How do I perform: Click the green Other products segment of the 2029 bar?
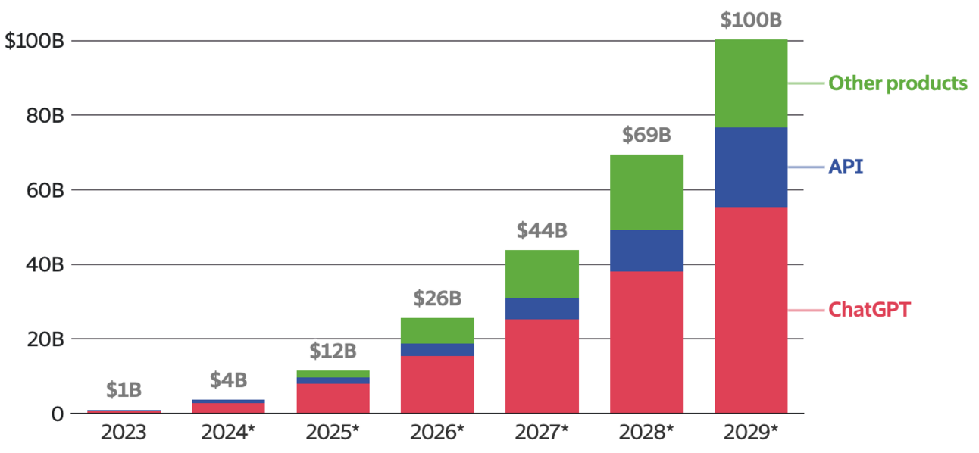(751, 83)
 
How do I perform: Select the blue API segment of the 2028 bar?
(646, 251)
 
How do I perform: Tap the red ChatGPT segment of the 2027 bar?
(542, 366)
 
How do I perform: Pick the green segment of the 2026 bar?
(437, 331)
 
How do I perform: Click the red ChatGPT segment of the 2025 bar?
(333, 398)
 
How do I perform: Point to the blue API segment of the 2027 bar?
(542, 308)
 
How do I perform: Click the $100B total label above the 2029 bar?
(751, 20)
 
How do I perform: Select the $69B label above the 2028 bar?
(646, 135)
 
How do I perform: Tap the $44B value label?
(542, 230)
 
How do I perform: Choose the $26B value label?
(437, 298)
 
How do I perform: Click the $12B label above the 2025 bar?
(333, 351)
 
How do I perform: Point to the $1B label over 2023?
(124, 390)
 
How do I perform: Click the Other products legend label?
(898, 83)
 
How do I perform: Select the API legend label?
(846, 167)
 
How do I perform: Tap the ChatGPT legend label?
(869, 310)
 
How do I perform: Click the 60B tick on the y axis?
(45, 191)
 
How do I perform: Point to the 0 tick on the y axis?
(58, 414)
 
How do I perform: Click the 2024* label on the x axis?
(228, 433)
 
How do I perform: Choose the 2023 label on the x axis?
(124, 433)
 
